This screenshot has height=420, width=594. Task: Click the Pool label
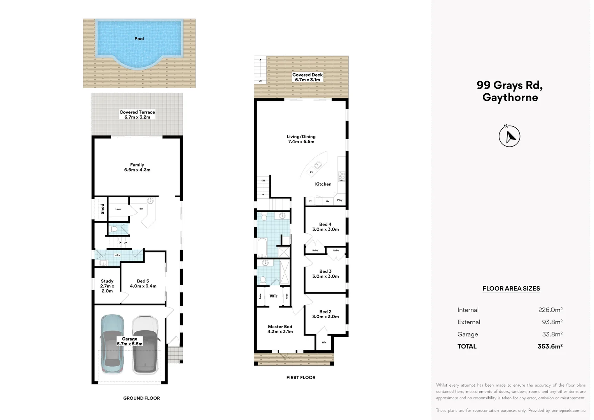[x=139, y=38]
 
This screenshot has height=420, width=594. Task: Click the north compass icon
[x=509, y=136]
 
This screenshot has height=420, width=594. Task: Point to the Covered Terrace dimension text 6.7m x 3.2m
[x=137, y=117]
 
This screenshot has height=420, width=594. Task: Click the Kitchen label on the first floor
[x=323, y=184]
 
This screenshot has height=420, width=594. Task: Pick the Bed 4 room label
[x=325, y=224]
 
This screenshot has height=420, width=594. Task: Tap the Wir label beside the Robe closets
[x=273, y=296]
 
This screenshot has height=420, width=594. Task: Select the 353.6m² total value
[x=550, y=346]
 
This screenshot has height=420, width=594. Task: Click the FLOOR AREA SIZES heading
[x=511, y=289]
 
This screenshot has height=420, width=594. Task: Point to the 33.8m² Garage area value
[x=552, y=334]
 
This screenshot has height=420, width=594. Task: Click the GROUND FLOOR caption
[x=142, y=398]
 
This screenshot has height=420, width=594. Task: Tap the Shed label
[x=102, y=209]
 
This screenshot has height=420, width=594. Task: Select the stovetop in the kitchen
[x=342, y=177]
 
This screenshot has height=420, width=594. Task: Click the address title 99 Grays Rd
[x=509, y=85]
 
